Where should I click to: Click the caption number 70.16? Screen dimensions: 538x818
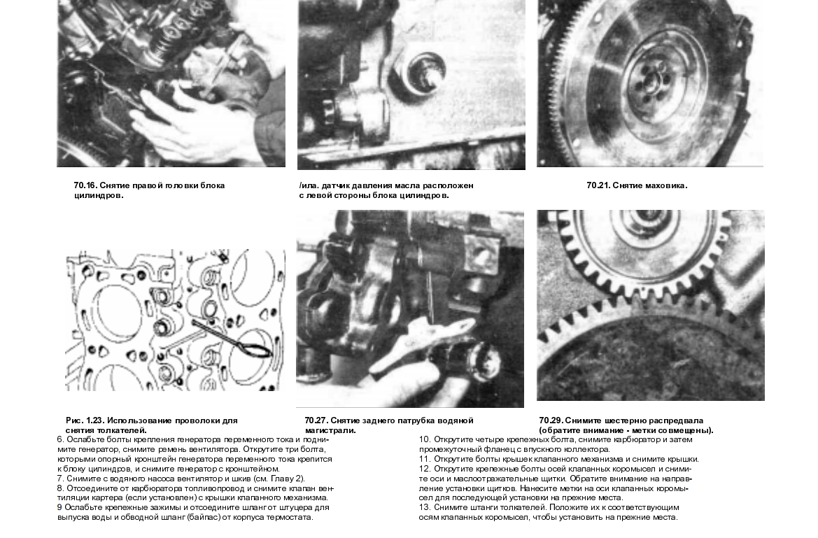[85, 186]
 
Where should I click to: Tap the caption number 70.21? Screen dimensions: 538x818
[598, 186]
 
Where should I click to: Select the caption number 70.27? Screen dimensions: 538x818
[316, 420]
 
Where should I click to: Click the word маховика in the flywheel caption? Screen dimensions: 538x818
[665, 186]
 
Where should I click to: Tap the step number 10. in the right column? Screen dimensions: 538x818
[425, 439]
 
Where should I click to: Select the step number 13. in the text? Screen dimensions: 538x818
[425, 507]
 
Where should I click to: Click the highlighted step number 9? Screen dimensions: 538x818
[59, 507]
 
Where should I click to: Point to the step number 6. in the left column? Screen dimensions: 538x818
[59, 439]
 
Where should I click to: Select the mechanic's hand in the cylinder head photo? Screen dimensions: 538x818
[189, 126]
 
